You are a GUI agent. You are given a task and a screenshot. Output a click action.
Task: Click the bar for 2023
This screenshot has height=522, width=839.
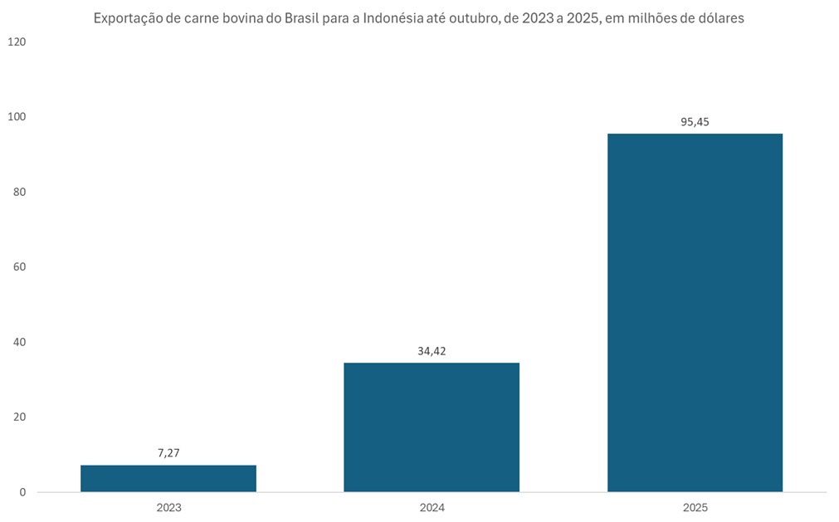[168, 479]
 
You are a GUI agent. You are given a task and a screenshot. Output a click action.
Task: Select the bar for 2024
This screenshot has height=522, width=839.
[432, 427]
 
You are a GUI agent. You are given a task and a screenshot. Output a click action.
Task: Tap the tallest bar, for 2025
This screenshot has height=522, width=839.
[695, 313]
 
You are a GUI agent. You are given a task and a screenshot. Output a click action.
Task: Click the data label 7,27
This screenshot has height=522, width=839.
[168, 453]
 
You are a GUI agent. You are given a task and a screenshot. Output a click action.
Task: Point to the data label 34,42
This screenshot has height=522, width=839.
[432, 351]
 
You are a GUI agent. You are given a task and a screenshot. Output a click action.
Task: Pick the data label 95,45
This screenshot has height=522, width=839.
[695, 122]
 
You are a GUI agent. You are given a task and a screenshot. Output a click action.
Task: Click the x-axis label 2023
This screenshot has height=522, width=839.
[168, 507]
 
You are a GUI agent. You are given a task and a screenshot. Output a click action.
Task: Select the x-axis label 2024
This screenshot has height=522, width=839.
[432, 507]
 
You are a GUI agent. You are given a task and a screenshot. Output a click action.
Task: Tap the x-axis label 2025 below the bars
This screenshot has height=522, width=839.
[695, 507]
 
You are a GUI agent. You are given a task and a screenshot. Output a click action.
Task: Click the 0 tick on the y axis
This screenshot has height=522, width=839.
[22, 492]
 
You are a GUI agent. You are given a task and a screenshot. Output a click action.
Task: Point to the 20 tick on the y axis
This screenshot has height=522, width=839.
[19, 417]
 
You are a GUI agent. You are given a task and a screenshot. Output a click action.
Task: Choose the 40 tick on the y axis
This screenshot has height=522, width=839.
[19, 342]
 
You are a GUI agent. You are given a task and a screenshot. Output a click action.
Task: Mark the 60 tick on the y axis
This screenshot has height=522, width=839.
[19, 267]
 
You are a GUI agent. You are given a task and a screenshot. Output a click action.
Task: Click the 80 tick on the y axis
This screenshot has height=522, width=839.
[19, 192]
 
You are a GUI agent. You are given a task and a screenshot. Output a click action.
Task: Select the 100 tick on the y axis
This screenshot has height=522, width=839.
[17, 117]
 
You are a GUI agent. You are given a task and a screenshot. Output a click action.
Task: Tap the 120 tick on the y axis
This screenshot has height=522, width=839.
[17, 41]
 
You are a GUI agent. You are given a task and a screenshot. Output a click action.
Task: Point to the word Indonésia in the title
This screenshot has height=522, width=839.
[395, 17]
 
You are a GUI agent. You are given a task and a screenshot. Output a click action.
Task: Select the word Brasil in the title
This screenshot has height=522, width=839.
[307, 17]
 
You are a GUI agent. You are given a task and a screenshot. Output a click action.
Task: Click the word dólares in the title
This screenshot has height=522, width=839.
[719, 17]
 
